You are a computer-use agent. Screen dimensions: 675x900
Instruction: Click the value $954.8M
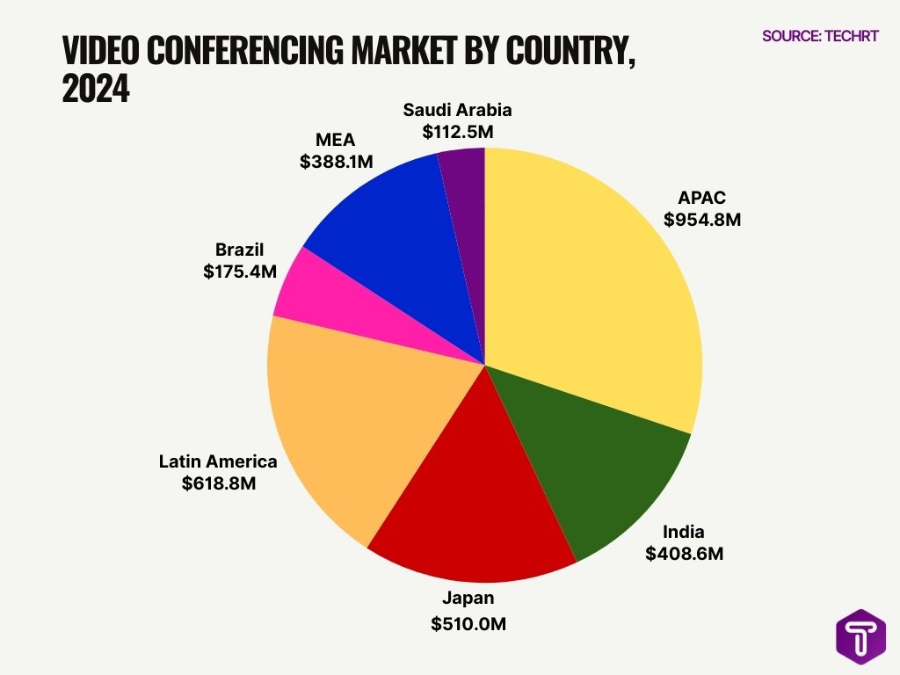[x=702, y=220]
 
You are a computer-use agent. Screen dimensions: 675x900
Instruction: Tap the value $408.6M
[x=684, y=554]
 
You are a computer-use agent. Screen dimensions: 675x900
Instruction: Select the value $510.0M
[x=468, y=624]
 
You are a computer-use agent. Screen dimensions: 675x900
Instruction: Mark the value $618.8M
[x=219, y=483]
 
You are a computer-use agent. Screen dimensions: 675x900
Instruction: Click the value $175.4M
[x=240, y=272]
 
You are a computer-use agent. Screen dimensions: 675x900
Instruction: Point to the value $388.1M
[x=337, y=162]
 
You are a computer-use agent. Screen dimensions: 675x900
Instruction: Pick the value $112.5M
[x=458, y=132]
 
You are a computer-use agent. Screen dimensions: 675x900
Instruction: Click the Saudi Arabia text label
[x=457, y=110]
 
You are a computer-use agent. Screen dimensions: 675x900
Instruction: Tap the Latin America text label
[x=218, y=461]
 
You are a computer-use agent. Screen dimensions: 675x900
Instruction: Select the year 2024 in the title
[x=96, y=89]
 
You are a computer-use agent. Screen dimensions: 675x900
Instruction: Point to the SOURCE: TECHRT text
[x=820, y=36]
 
